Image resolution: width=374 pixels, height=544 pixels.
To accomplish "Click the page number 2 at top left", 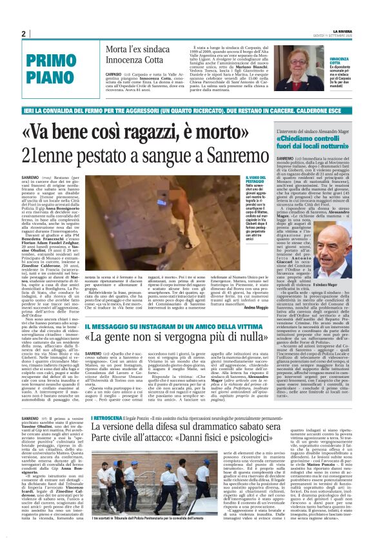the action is point(24,34).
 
